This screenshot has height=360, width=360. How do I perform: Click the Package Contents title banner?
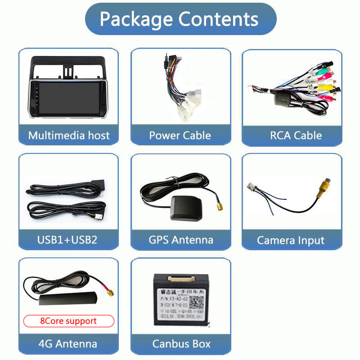180,19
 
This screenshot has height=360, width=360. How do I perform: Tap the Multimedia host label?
69,135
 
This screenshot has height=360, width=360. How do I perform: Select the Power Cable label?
180,135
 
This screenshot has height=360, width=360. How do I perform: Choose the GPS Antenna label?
180,239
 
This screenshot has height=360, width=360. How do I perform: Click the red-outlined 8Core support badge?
68,321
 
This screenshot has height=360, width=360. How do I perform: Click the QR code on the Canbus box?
196,302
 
